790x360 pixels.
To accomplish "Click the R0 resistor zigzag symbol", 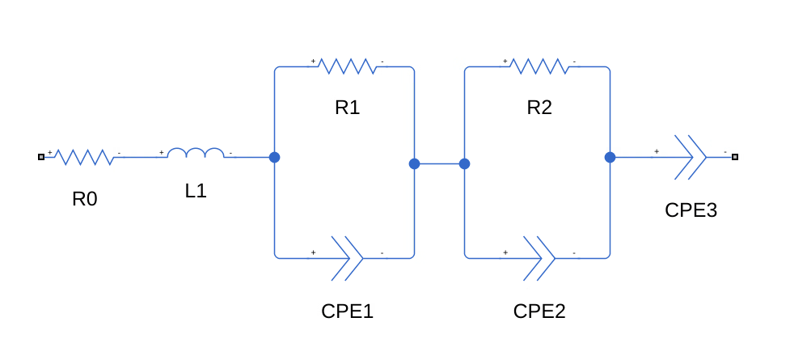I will [84, 157].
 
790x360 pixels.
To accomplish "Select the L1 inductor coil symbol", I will [196, 154].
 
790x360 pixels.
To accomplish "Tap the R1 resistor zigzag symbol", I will [347, 66].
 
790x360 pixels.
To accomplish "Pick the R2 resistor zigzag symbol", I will [539, 66].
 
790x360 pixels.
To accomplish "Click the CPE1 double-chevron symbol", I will [347, 258].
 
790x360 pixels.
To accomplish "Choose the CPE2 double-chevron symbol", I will [539, 258].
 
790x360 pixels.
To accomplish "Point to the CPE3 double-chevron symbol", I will [690, 156].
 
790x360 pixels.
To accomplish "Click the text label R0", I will [84, 198].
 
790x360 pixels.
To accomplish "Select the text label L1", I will [196, 192].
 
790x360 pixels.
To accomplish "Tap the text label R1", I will [347, 108].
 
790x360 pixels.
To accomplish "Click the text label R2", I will [539, 108].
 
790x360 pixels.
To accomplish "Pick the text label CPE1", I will [347, 311].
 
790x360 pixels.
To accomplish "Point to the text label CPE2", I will [539, 311].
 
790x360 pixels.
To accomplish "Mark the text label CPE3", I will [691, 210].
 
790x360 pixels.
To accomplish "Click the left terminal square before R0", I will [40, 157].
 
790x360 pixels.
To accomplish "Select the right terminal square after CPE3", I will [734, 157].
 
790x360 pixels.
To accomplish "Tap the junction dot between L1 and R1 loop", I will [274, 157].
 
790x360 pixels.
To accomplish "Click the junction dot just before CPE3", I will [609, 157].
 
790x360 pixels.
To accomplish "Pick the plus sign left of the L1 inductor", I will [162, 152].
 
